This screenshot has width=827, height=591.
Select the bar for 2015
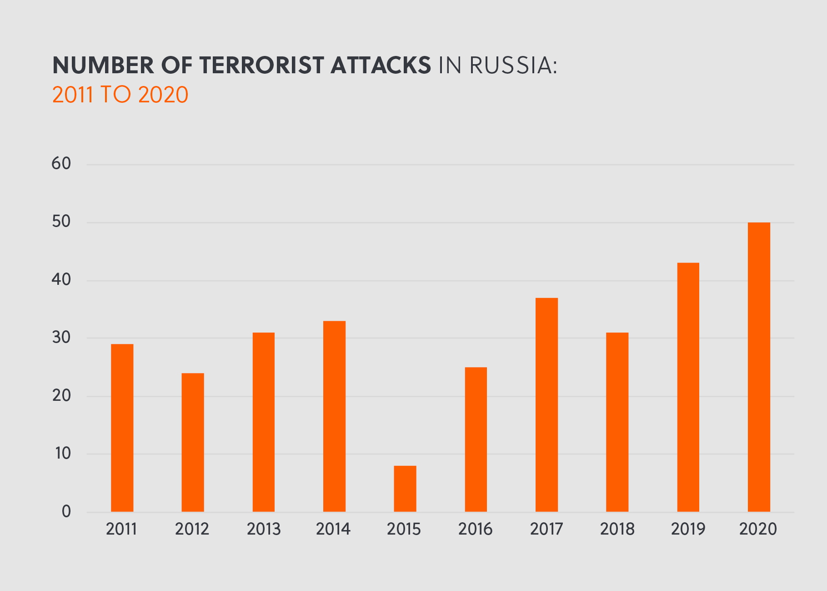405,489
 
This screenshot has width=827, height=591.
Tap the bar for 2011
122,428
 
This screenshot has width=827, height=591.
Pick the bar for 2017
546,404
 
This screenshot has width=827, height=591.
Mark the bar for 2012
193,442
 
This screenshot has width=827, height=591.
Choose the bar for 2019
688,387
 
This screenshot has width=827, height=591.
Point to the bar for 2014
334,416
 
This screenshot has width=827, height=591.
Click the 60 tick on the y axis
61,164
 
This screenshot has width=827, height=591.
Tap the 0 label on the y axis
66,512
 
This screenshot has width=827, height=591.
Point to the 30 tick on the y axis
61,338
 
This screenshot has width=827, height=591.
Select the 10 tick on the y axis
61,454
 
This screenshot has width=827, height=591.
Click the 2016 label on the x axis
475,529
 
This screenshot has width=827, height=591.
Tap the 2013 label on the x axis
264,529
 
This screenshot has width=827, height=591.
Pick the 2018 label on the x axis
617,529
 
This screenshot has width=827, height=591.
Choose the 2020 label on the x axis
758,529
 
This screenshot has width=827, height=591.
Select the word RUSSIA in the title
513,66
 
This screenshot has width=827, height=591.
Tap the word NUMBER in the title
103,66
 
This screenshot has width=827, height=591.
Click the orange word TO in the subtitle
115,95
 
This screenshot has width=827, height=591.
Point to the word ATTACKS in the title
381,66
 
